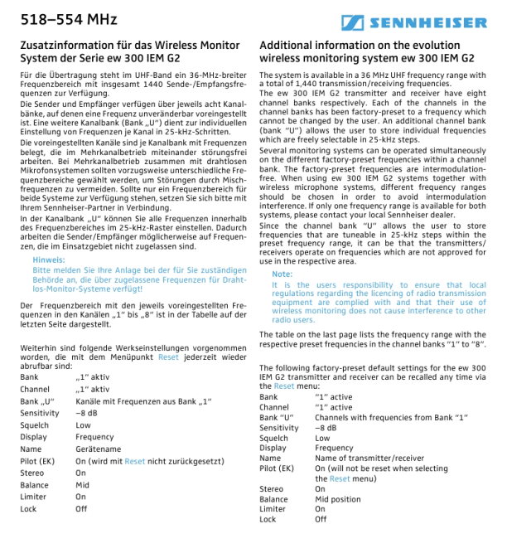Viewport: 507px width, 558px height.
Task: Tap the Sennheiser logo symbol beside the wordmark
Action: click(x=351, y=23)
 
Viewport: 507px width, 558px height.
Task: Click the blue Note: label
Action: click(x=282, y=274)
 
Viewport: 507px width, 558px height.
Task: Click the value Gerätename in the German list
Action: click(x=98, y=449)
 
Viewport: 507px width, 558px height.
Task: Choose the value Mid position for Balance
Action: click(x=340, y=499)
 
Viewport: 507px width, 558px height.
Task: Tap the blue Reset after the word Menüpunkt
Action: click(x=168, y=357)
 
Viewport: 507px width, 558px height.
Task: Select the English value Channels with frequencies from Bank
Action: click(x=377, y=417)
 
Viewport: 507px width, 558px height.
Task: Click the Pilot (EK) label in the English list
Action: click(x=277, y=468)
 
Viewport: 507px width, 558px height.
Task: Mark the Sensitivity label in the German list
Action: click(x=39, y=412)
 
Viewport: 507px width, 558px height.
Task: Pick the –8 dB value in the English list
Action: click(x=326, y=428)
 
